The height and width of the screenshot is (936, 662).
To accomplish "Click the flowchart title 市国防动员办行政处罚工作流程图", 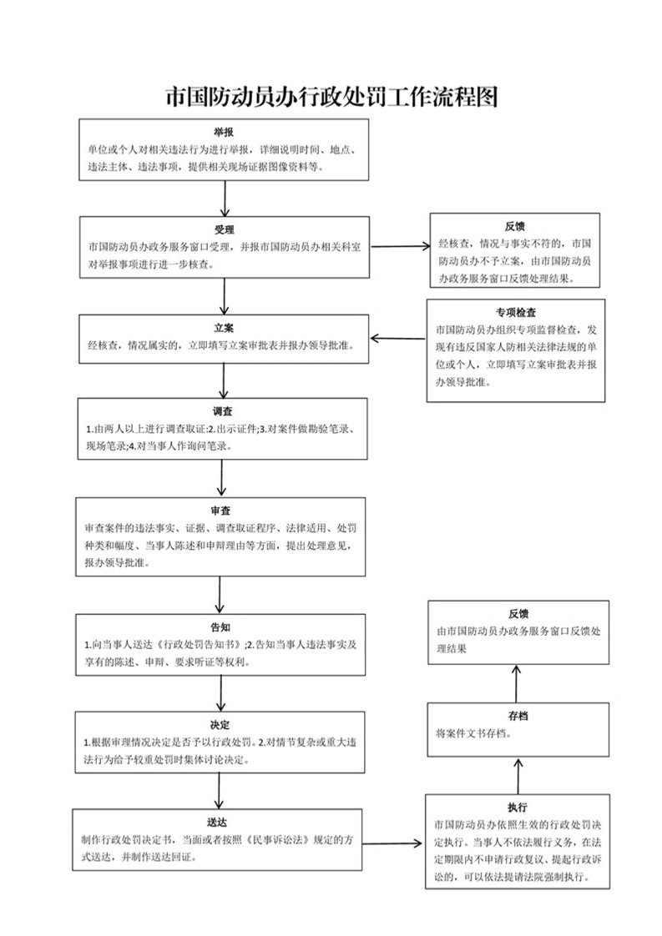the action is (x=331, y=97).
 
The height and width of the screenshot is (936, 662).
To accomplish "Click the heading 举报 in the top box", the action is (x=224, y=132).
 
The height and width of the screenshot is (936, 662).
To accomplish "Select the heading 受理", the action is (x=224, y=229).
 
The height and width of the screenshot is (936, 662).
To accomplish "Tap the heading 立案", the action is (x=224, y=328).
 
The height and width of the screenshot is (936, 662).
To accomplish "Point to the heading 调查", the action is (x=222, y=411).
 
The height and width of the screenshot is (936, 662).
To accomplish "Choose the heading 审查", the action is (x=220, y=511).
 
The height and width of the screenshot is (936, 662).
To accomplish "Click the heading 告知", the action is (x=220, y=627).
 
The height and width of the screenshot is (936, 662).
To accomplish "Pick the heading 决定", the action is (x=220, y=725).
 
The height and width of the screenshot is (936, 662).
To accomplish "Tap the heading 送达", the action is (x=218, y=823).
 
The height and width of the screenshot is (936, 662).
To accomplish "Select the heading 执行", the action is (x=518, y=808).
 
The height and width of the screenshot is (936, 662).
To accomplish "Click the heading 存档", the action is (x=518, y=716).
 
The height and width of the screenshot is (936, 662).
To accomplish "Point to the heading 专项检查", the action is (x=516, y=313).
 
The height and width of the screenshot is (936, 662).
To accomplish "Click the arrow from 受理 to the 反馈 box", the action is (x=400, y=246).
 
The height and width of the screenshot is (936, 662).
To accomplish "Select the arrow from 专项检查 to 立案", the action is (x=398, y=339).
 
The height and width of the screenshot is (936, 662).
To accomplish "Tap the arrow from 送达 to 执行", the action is (x=392, y=843).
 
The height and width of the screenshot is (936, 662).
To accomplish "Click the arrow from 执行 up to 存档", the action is (x=518, y=776).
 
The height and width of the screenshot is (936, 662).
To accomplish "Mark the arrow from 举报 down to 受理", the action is (x=225, y=199).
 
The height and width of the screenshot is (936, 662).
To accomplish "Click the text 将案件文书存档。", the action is (x=474, y=733).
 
